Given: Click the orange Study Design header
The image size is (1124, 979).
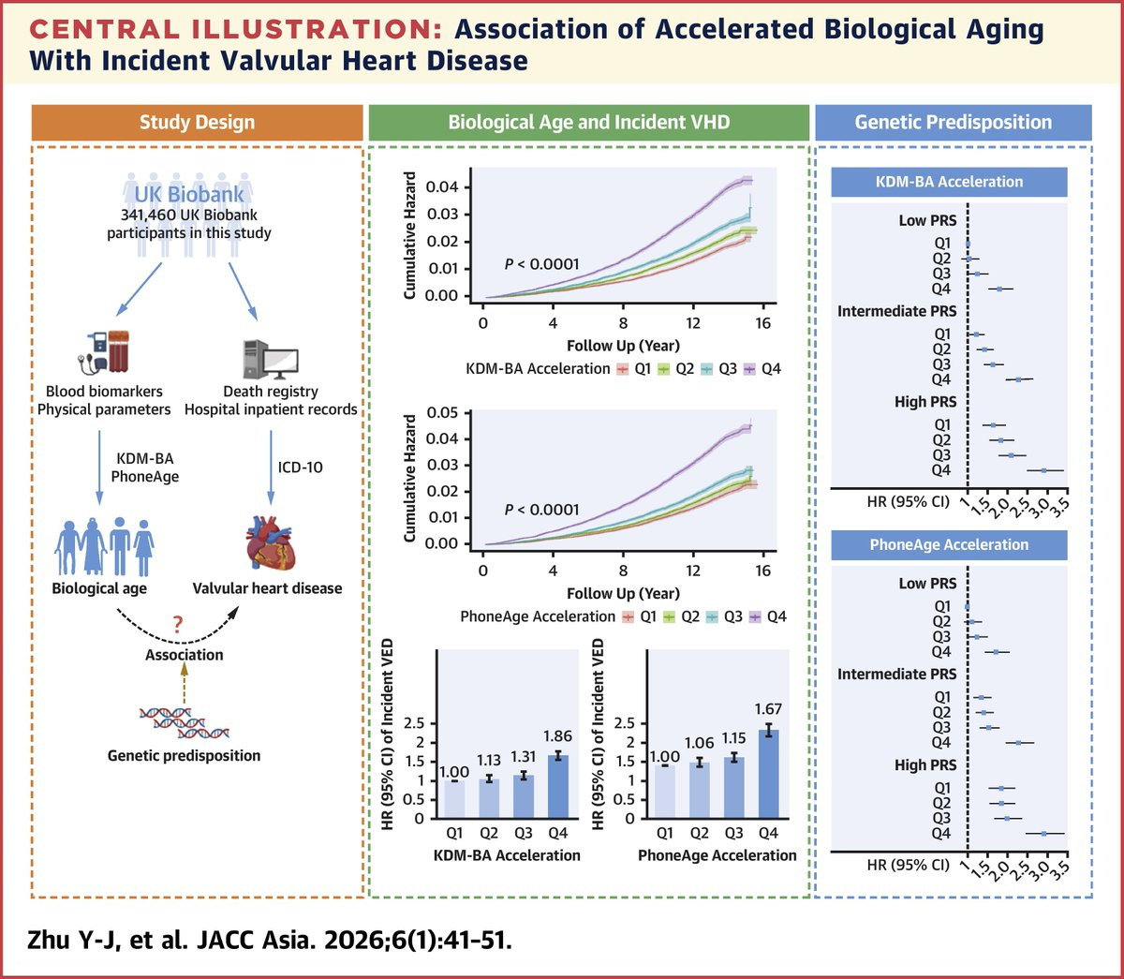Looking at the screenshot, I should point(197,123).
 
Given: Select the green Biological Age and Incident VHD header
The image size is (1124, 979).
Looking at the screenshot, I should point(588,123).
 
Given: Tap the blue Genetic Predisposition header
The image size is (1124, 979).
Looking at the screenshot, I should point(953,123).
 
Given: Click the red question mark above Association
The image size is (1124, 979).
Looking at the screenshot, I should point(178,625).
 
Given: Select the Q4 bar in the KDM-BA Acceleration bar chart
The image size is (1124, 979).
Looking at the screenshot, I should point(557,785).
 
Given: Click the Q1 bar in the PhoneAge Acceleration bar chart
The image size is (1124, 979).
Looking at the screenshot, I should point(664,791).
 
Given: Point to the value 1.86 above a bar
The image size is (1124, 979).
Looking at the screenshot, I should point(557,736).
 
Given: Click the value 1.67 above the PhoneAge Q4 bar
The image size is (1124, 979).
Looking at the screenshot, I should point(767,709).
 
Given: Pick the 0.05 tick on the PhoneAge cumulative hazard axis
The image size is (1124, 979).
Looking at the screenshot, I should point(442,413).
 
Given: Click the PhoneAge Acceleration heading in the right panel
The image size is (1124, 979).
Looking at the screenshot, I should point(949,545).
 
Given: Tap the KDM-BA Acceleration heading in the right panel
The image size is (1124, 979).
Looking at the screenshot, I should point(949,182).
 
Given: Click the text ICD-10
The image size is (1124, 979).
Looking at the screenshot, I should point(300,467).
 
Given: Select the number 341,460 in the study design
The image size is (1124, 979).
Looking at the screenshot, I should point(151,215).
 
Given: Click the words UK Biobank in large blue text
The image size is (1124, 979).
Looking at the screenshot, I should point(189,194).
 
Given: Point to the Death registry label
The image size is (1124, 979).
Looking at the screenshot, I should point(271,392).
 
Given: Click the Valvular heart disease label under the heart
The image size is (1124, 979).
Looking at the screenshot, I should point(267,588).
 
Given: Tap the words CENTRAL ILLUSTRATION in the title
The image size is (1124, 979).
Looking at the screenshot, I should point(236,30).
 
